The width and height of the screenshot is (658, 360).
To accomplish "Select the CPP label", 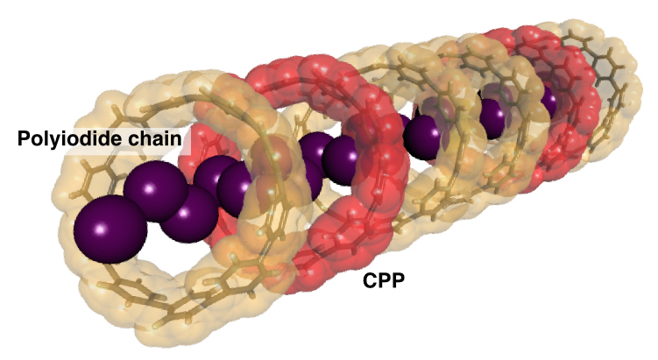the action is click(x=384, y=280).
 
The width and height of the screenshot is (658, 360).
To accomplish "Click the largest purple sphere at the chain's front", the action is click(x=110, y=229).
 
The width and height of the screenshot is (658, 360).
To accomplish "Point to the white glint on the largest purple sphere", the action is click(x=101, y=229).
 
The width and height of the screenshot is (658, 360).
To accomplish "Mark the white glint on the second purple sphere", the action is click(x=150, y=188).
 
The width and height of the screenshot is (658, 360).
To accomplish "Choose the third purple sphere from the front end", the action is click(x=189, y=214).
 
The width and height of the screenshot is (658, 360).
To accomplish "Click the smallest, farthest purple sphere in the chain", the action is click(x=548, y=102).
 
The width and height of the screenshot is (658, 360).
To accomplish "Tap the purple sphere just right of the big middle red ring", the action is click(x=421, y=138).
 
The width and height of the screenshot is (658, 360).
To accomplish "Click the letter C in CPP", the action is click(x=370, y=280).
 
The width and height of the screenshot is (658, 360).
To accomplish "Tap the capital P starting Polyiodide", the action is click(x=24, y=138).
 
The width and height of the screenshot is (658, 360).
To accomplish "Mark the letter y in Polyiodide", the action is click(x=53, y=141).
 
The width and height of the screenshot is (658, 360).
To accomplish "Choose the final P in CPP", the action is click(x=399, y=280).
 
